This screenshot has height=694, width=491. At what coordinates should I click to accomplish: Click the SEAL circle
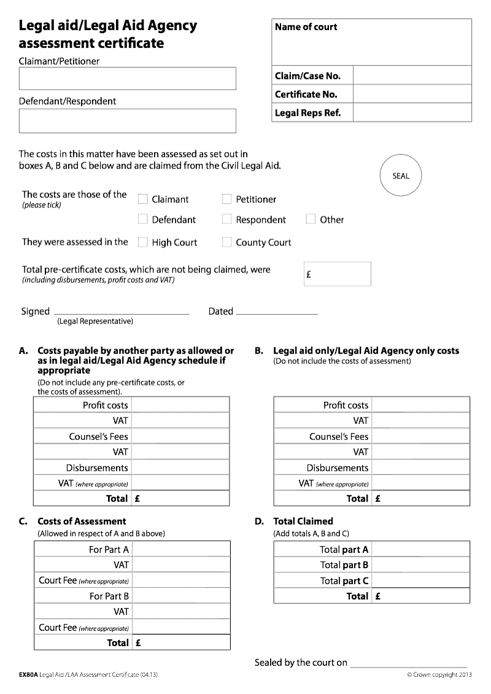pos(400,176)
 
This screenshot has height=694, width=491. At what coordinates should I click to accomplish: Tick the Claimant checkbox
pos(143,199)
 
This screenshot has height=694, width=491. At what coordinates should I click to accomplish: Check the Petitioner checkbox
pos(227,199)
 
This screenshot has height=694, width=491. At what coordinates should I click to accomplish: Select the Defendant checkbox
pos(143,220)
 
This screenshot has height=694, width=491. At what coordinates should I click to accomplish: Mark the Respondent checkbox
pos(227,220)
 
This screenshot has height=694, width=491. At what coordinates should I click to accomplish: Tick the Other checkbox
pos(311,220)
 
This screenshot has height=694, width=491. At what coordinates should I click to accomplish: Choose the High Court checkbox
pos(143,242)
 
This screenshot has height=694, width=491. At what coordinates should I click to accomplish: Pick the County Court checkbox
pos(227,242)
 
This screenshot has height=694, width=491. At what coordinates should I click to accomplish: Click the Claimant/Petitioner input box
pos(128,79)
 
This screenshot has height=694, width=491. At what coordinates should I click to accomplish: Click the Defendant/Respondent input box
pos(128,121)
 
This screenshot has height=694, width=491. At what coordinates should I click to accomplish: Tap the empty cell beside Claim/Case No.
pos(412,76)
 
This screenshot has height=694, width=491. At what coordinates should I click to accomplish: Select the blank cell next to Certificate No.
pos(412,94)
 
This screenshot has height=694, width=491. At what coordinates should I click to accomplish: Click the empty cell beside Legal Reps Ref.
pos(412,113)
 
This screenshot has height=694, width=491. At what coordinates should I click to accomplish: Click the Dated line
pos(276,312)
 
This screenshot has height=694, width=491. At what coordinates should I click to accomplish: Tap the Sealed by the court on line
pos(408,665)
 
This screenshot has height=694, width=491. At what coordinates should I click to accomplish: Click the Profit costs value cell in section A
pos(180,405)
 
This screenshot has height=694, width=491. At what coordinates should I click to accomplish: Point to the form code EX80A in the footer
pos(28,675)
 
